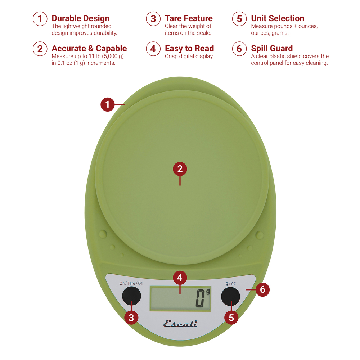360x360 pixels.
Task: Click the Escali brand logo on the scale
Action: point(180,324)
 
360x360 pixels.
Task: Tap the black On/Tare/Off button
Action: point(131,296)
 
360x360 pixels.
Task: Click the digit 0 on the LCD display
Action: point(200,298)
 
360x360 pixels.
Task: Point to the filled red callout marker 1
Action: point(107,104)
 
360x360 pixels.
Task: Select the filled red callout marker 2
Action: point(180,169)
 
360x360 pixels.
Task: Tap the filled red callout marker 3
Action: point(131,318)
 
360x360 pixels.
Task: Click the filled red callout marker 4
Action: point(180,278)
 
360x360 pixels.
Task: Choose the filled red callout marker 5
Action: point(231,318)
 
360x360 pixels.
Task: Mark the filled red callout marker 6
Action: point(262,289)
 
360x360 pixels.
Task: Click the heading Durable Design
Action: point(80,18)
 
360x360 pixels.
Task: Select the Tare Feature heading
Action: point(189,18)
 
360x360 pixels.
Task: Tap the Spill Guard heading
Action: point(272,48)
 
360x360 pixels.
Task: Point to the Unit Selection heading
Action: point(278,18)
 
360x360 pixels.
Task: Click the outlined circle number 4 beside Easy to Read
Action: point(153,49)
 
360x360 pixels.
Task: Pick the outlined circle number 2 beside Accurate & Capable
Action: point(40,49)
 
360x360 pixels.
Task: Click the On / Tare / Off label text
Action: point(131,283)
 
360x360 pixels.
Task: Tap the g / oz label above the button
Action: point(231,284)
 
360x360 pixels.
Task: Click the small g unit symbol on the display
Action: point(208,292)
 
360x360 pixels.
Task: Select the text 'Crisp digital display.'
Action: point(189,56)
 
